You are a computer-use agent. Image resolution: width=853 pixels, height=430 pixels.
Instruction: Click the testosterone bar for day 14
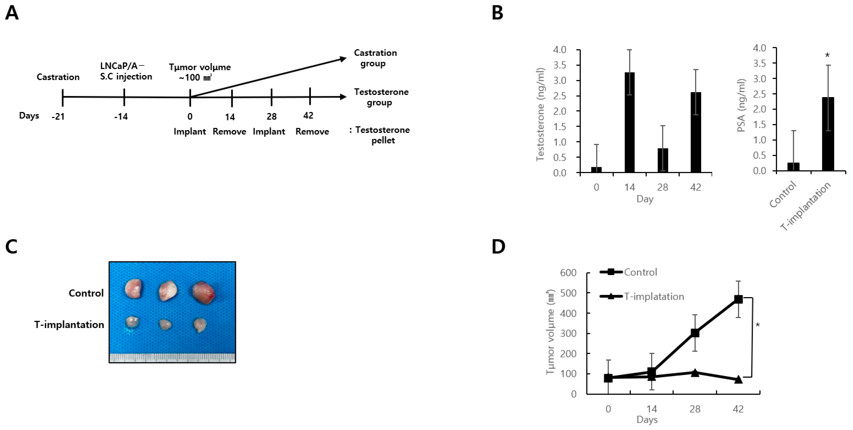coord(629,123)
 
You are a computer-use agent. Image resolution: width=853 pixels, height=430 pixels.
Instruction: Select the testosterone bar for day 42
coord(696,132)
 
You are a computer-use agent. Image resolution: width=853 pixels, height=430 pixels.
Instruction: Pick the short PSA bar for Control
coord(793,167)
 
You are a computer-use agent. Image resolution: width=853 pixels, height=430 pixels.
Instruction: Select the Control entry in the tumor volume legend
coord(640,272)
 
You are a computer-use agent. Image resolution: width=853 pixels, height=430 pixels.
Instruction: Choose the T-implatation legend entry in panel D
coord(654,296)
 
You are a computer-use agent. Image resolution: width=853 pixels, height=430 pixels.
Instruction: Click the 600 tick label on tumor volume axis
coord(568,273)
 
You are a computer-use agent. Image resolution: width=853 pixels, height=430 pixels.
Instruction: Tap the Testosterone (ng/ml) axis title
coord(540,114)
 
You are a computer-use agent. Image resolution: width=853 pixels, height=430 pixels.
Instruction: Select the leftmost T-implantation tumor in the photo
coord(133,322)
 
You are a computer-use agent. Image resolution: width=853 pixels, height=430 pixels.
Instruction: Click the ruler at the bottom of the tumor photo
coord(172,358)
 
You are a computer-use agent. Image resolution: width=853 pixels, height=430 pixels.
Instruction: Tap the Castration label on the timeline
coord(58,77)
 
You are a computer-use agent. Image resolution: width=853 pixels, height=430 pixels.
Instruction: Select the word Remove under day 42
coord(312,132)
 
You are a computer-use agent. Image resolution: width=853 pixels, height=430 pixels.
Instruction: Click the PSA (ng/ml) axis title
coord(741,105)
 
